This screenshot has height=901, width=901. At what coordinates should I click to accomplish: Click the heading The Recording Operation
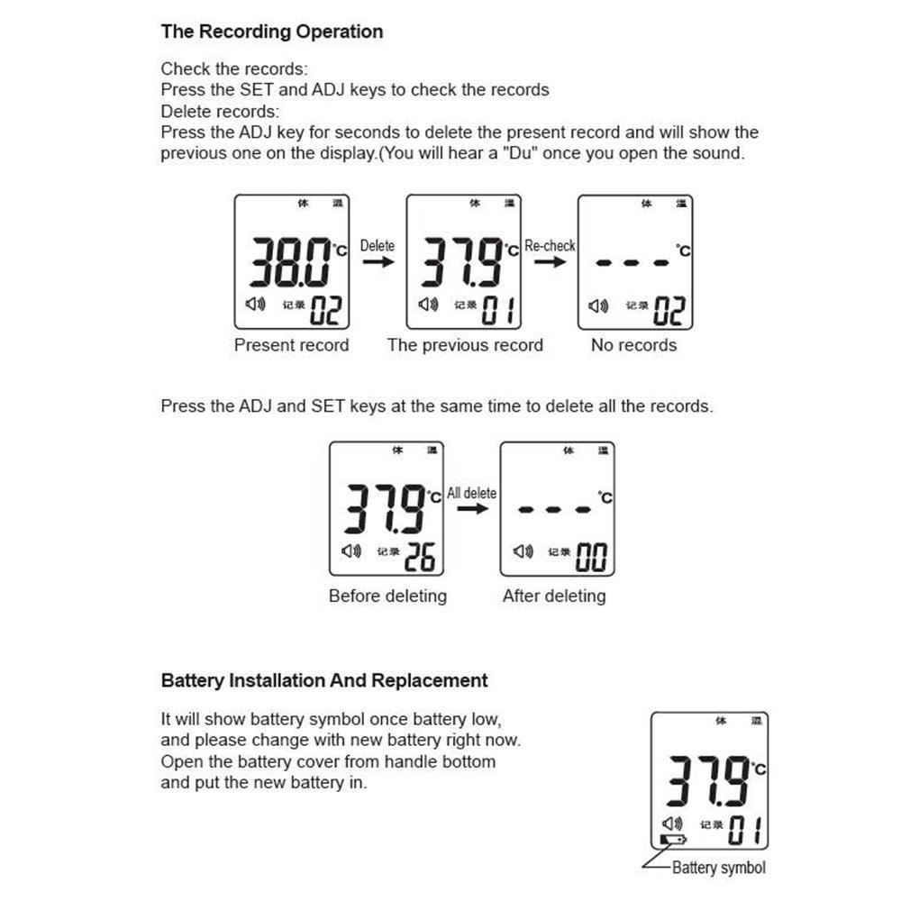(271, 32)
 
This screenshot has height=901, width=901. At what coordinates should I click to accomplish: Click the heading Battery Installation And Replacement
(324, 680)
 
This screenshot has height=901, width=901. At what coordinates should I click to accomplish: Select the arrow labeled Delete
(378, 261)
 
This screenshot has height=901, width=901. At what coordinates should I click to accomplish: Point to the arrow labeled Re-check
(551, 261)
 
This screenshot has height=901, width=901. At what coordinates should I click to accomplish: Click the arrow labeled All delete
(472, 509)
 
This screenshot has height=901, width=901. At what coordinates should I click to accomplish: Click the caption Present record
(291, 345)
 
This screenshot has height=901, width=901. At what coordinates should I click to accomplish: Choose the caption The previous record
(465, 345)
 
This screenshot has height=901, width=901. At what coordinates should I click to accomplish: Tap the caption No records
(633, 345)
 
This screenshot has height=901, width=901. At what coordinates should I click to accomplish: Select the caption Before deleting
(387, 596)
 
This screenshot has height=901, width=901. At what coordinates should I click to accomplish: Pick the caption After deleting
(554, 596)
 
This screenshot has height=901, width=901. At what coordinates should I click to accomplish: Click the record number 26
(420, 558)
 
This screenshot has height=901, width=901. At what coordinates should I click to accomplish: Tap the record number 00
(591, 558)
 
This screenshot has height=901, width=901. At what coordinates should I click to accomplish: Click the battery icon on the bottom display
(672, 840)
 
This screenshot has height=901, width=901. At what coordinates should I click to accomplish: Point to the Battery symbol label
(719, 868)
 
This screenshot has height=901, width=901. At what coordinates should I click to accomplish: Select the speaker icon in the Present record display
(255, 305)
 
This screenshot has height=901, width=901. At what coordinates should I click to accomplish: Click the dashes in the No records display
(634, 263)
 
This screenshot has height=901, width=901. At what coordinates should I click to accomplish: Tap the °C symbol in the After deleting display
(605, 496)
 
